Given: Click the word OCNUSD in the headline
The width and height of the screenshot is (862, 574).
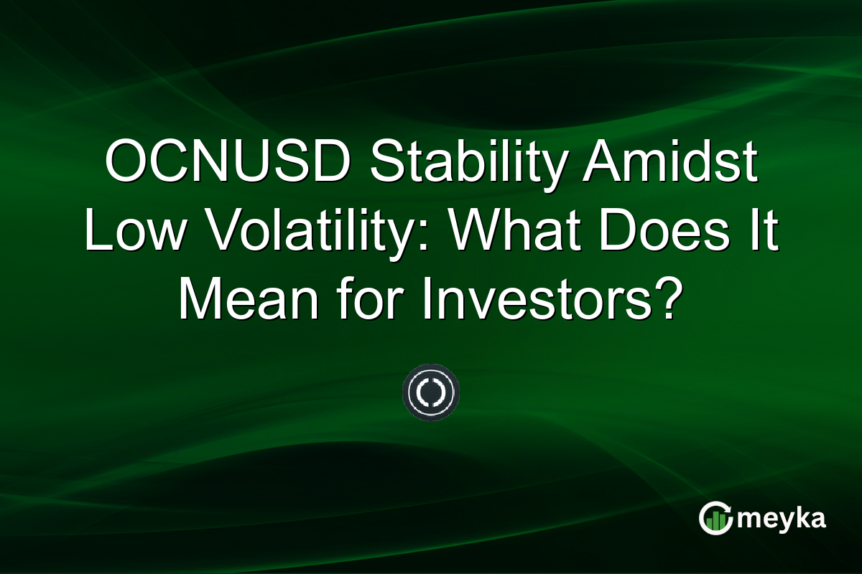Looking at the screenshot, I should [x=227, y=162].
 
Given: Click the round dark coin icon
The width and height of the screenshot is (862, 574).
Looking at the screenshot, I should [x=430, y=392].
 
